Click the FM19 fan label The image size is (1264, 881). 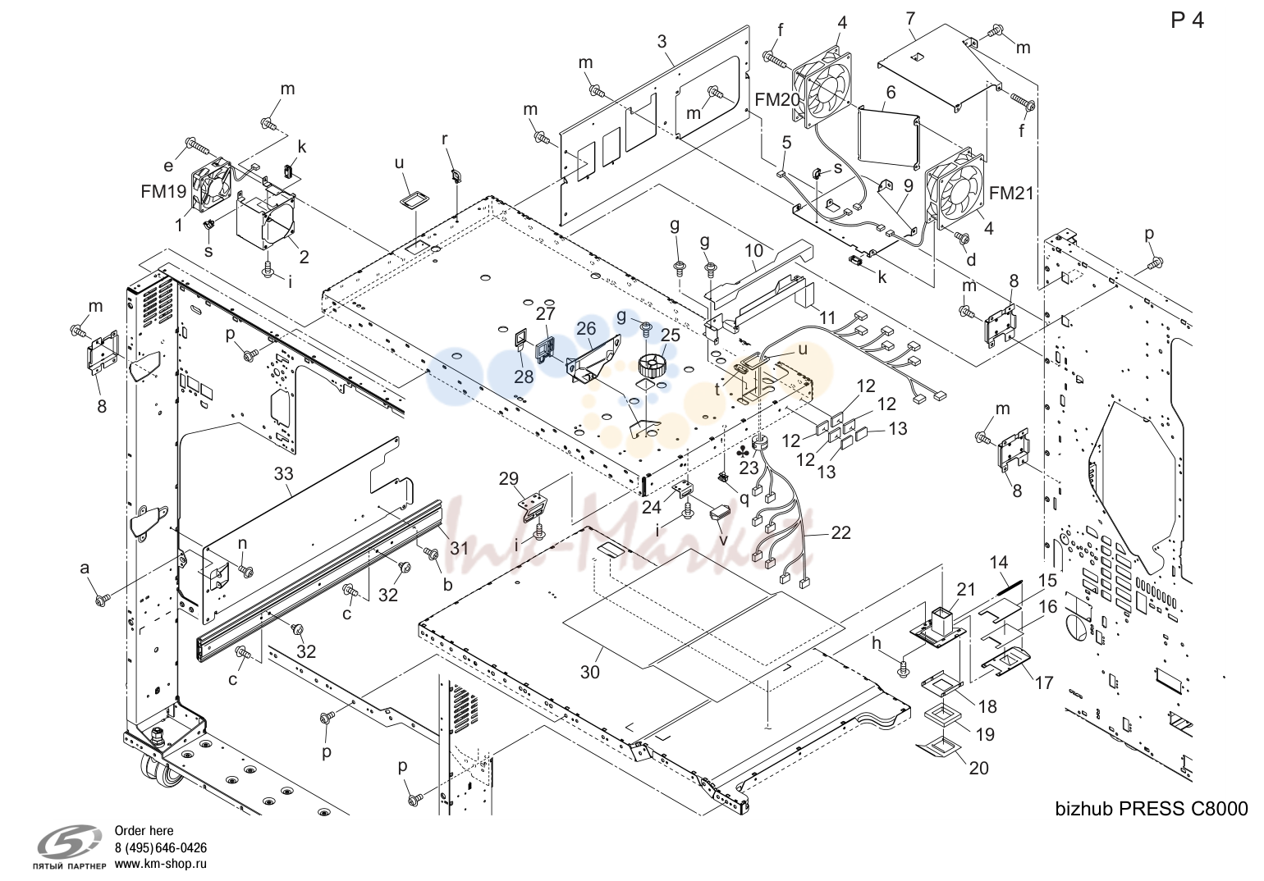click(163, 192)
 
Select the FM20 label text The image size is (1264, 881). click(777, 100)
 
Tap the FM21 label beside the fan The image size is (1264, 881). click(1011, 194)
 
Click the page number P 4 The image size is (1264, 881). click(1187, 21)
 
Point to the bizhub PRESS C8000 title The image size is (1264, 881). click(1151, 809)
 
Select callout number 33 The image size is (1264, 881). click(284, 474)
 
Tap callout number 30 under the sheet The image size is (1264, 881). click(589, 672)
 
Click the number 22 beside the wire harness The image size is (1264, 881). click(840, 532)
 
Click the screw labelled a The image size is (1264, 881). click(103, 601)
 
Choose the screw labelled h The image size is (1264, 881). click(903, 669)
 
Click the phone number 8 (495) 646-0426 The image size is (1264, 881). click(161, 847)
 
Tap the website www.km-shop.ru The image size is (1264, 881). click(161, 864)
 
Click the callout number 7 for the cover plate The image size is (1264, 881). click(910, 19)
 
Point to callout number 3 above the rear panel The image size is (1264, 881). click(662, 41)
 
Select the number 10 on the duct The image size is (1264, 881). click(753, 250)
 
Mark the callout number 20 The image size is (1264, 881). click(978, 768)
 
